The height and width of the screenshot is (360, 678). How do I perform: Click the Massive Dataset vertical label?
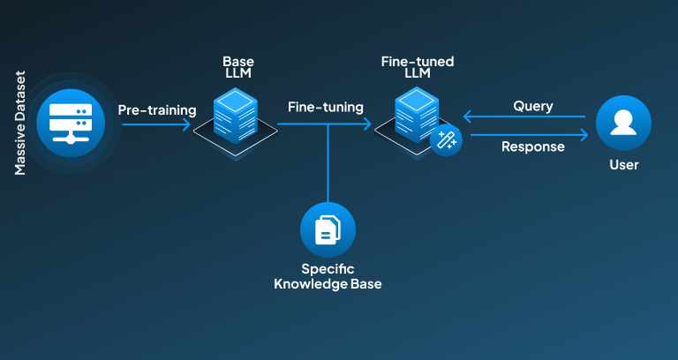[20, 124]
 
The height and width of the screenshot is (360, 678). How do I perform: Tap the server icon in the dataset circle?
[71, 124]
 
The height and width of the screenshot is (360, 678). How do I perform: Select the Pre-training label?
[157, 110]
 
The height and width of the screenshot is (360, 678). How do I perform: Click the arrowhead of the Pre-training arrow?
[186, 124]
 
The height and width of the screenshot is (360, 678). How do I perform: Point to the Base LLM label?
[238, 67]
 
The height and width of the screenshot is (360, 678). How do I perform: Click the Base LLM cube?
[235, 116]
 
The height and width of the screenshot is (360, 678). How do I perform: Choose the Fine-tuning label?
[326, 107]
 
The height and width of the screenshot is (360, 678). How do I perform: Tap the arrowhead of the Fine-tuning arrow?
[367, 124]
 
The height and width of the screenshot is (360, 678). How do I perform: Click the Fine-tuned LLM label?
[418, 67]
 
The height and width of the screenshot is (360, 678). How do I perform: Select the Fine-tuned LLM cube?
[417, 115]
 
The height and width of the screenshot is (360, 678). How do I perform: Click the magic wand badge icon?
[446, 140]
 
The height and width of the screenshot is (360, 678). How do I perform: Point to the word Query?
[532, 106]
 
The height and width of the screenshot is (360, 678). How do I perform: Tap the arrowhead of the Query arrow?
[467, 116]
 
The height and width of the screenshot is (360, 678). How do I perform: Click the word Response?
[532, 146]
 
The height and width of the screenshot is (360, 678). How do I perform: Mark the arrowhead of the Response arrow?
[584, 135]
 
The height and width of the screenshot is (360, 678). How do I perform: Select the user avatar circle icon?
[623, 124]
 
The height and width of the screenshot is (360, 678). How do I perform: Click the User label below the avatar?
[624, 165]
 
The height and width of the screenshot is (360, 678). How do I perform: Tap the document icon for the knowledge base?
[328, 230]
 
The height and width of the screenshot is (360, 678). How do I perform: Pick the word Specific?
[328, 269]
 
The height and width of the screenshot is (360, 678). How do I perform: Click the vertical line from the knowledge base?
[328, 163]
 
